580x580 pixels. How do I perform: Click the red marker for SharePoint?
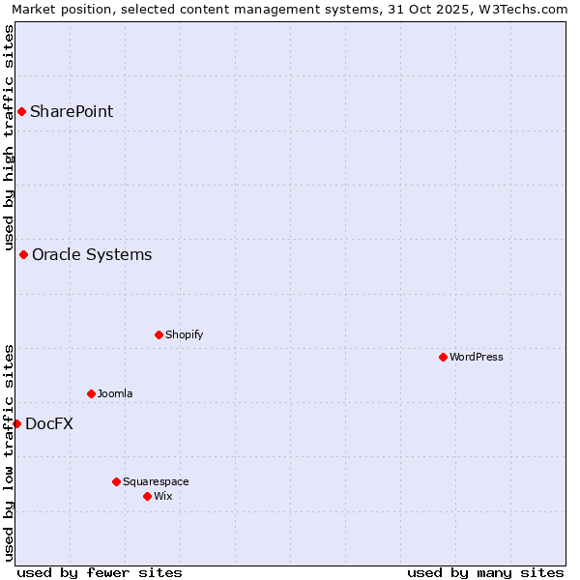[x=21, y=111]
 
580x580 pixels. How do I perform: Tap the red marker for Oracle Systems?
[x=23, y=254]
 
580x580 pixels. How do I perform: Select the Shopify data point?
[x=159, y=334]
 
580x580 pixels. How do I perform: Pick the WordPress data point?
[x=443, y=357]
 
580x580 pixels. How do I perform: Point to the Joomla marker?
[x=91, y=393]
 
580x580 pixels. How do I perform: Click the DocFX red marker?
[x=16, y=423]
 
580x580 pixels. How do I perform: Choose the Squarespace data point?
[x=116, y=481]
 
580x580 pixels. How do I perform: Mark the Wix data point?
[x=147, y=496]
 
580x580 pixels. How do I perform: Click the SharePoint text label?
[x=72, y=111]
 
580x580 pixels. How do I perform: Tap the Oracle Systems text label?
[x=92, y=254]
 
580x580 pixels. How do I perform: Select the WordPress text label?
[x=477, y=357]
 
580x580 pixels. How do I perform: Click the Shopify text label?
[x=184, y=334]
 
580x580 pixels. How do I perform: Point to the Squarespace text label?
[x=156, y=481]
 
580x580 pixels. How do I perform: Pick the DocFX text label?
[x=49, y=423]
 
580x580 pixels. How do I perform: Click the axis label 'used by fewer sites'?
[x=100, y=572]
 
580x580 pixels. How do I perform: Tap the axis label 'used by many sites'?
[x=485, y=572]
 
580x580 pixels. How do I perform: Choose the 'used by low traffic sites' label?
[x=9, y=451]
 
